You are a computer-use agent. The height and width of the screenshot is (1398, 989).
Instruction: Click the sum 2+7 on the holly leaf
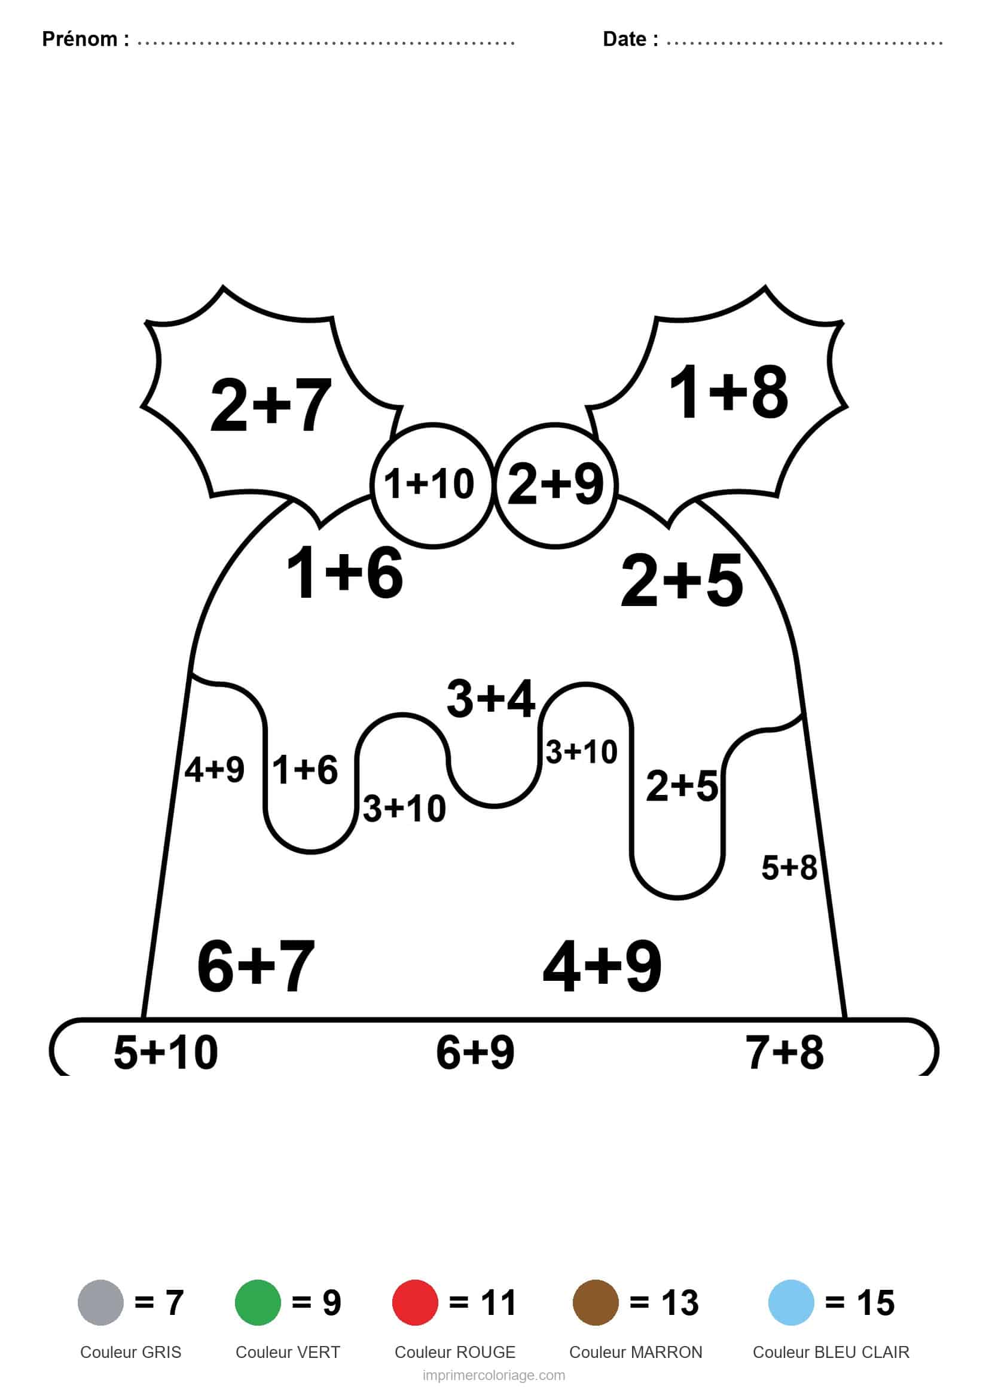[270, 405]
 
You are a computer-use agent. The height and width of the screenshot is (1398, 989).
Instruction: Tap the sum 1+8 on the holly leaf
[728, 391]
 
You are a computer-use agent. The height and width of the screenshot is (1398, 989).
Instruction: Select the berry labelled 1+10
[432, 486]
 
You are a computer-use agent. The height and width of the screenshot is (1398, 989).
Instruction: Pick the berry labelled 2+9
[556, 486]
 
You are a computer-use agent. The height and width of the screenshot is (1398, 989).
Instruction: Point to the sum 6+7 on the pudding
[256, 966]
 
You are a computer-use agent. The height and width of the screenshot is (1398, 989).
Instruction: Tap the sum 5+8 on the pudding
[789, 868]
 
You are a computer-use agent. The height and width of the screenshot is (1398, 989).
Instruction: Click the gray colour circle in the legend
[100, 1302]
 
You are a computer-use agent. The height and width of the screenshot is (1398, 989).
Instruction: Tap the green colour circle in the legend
[258, 1302]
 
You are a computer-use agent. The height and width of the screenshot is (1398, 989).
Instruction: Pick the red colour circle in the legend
[415, 1302]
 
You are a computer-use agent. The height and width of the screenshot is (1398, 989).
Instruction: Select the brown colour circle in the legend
[596, 1302]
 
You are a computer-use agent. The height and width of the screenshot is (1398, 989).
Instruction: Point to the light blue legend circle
[791, 1302]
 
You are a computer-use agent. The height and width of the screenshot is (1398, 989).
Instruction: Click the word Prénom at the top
[80, 39]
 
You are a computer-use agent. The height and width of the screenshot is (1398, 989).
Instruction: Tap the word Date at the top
[625, 39]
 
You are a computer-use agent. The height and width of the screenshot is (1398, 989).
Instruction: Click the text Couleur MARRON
[636, 1352]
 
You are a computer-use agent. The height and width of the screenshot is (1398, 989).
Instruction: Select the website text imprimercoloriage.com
[494, 1375]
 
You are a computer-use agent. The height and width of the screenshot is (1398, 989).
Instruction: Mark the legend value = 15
[860, 1303]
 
